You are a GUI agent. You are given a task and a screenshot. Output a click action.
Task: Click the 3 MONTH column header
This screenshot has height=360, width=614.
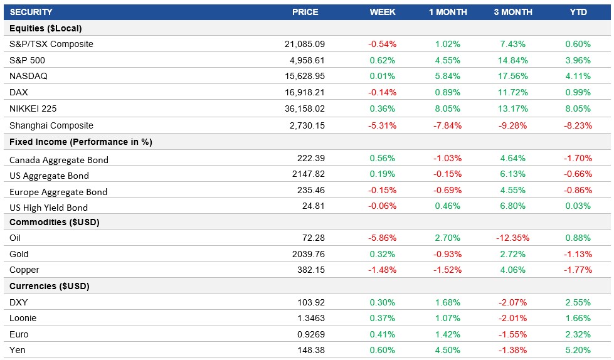(x=512, y=12)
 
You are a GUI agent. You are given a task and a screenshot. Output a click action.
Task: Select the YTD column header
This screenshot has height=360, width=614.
(x=578, y=12)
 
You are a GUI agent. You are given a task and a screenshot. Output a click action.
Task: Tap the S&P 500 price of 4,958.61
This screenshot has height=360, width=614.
(x=305, y=60)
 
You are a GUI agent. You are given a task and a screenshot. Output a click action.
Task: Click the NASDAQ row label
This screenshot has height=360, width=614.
(x=28, y=76)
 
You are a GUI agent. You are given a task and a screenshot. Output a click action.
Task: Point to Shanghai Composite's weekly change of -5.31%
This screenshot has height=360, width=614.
(x=382, y=125)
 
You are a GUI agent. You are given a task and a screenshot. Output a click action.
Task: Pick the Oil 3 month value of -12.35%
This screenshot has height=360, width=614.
(x=512, y=238)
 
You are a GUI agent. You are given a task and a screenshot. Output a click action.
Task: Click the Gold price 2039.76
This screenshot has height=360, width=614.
(x=309, y=254)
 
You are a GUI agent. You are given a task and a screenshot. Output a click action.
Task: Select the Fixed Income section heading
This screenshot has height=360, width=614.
(x=81, y=142)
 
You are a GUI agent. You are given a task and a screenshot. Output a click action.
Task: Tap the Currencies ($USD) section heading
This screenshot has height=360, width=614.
(x=50, y=286)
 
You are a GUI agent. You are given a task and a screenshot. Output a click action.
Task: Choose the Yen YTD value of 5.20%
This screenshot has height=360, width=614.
(x=578, y=350)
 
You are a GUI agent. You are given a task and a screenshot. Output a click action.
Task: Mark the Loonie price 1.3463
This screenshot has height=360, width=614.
(x=310, y=318)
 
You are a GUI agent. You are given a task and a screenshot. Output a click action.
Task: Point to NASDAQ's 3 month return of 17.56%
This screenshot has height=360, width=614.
(x=512, y=76)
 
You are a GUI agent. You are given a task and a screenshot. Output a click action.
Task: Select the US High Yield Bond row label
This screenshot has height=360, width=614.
(x=49, y=208)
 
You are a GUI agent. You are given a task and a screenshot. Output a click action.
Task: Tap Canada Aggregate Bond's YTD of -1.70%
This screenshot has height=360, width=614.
(x=578, y=159)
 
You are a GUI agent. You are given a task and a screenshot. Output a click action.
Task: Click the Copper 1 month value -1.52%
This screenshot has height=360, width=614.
(x=447, y=270)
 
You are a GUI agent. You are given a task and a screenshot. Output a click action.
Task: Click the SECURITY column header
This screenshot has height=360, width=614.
(x=31, y=12)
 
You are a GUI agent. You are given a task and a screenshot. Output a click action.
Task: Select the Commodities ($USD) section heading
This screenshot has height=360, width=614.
(x=55, y=222)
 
